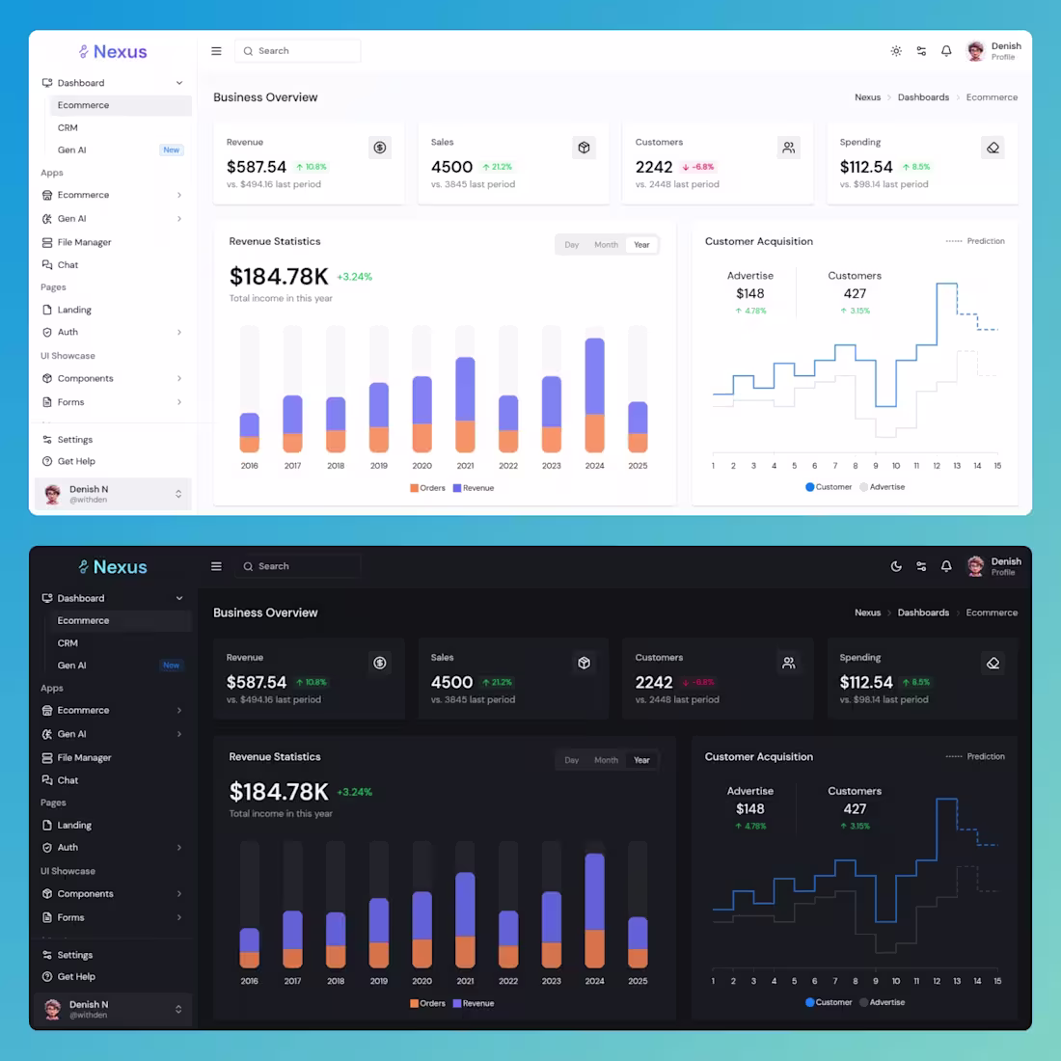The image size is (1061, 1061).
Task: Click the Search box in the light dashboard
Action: [297, 51]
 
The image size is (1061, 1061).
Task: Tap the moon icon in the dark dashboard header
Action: [896, 566]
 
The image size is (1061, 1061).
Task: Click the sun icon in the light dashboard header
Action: [896, 51]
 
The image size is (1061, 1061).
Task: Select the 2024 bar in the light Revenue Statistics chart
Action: [594, 395]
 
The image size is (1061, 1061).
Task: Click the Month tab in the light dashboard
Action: [606, 245]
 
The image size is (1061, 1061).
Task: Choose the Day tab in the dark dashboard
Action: [572, 760]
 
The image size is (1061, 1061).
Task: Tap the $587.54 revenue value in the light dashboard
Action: [257, 167]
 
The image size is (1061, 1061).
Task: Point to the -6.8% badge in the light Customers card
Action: [698, 167]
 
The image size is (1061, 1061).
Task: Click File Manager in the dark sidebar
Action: [84, 758]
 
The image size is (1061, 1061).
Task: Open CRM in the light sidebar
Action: [68, 127]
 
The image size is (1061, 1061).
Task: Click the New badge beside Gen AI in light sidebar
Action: [171, 150]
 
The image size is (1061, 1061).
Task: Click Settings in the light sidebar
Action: [74, 440]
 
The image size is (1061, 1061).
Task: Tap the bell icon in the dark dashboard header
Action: [946, 566]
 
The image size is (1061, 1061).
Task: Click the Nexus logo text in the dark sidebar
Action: [120, 567]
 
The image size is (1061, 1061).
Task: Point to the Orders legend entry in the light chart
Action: [427, 488]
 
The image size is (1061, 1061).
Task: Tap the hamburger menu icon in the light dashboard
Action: [216, 51]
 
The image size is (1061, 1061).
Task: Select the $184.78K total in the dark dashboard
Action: [279, 792]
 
